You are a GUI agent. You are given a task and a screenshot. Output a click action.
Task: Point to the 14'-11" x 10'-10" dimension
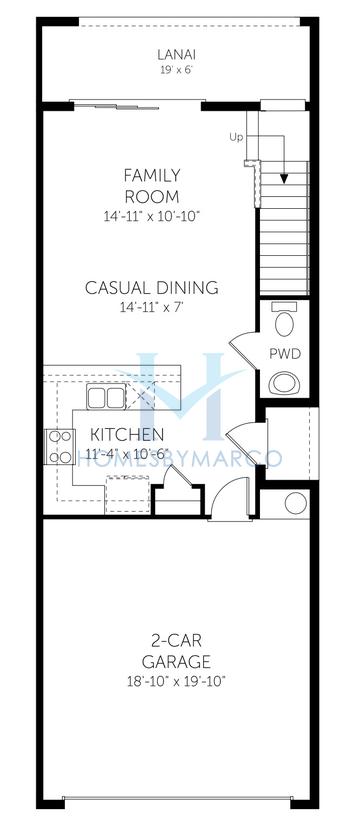(152, 216)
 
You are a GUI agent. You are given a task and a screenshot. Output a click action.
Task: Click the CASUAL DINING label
(152, 288)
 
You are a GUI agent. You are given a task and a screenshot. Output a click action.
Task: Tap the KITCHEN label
(127, 435)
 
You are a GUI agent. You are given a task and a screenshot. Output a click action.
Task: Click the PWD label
(287, 353)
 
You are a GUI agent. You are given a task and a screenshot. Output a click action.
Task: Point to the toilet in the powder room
(286, 324)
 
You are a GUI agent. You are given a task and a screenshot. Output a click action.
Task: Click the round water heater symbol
(297, 503)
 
